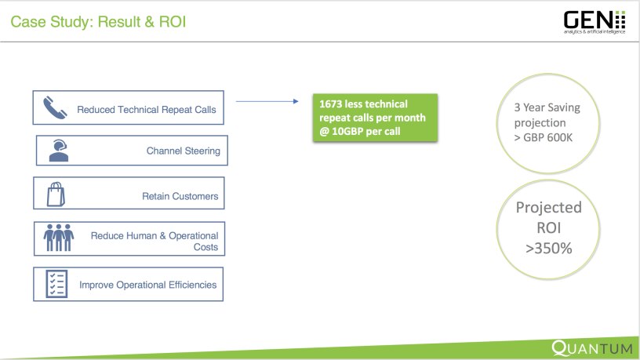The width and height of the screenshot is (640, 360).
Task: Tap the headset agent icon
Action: point(57,150)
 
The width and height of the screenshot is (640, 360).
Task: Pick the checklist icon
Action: point(56,283)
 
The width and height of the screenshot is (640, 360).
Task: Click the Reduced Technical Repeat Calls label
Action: point(146,110)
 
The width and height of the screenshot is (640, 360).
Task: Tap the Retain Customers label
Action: point(180,196)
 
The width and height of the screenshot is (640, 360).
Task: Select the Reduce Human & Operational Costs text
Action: point(155,241)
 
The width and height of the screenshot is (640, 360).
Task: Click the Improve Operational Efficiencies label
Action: point(147,285)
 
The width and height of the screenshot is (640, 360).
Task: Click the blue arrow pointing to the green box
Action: point(267,101)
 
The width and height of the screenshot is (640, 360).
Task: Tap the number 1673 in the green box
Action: point(333,102)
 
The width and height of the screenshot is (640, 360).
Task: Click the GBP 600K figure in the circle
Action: point(550,136)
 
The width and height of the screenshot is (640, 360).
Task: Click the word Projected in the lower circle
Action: point(549,208)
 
